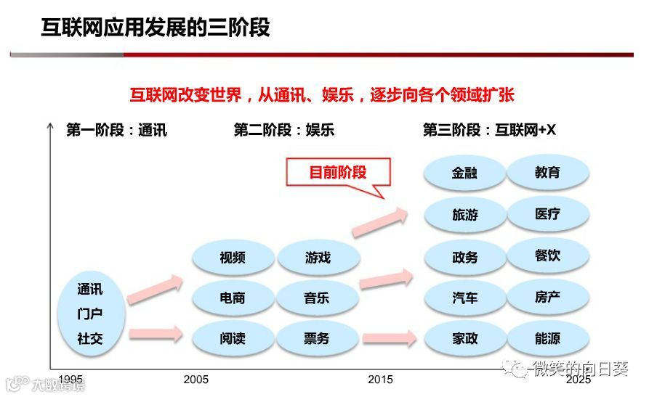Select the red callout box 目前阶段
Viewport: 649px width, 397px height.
click(338, 173)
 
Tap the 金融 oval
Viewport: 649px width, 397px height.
click(464, 173)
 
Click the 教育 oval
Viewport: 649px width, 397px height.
click(547, 173)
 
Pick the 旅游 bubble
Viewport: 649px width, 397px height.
click(464, 215)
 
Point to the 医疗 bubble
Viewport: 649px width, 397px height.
click(547, 214)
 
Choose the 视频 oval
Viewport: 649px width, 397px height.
click(233, 258)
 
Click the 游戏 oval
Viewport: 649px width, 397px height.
click(318, 258)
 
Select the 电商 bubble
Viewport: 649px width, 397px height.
click(233, 298)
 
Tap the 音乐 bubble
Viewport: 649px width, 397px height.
click(318, 298)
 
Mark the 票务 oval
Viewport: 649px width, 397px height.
click(318, 338)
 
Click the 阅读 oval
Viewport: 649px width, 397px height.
click(233, 338)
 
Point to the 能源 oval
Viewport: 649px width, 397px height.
click(547, 338)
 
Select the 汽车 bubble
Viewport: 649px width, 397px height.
click(464, 298)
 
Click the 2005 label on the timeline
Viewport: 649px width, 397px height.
click(195, 379)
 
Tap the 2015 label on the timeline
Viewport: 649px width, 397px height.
click(380, 379)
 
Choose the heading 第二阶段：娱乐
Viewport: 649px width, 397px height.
click(283, 131)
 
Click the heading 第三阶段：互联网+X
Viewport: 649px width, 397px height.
click(489, 131)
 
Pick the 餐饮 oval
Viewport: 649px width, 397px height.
click(547, 255)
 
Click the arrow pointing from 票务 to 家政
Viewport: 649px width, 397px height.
click(390, 338)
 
